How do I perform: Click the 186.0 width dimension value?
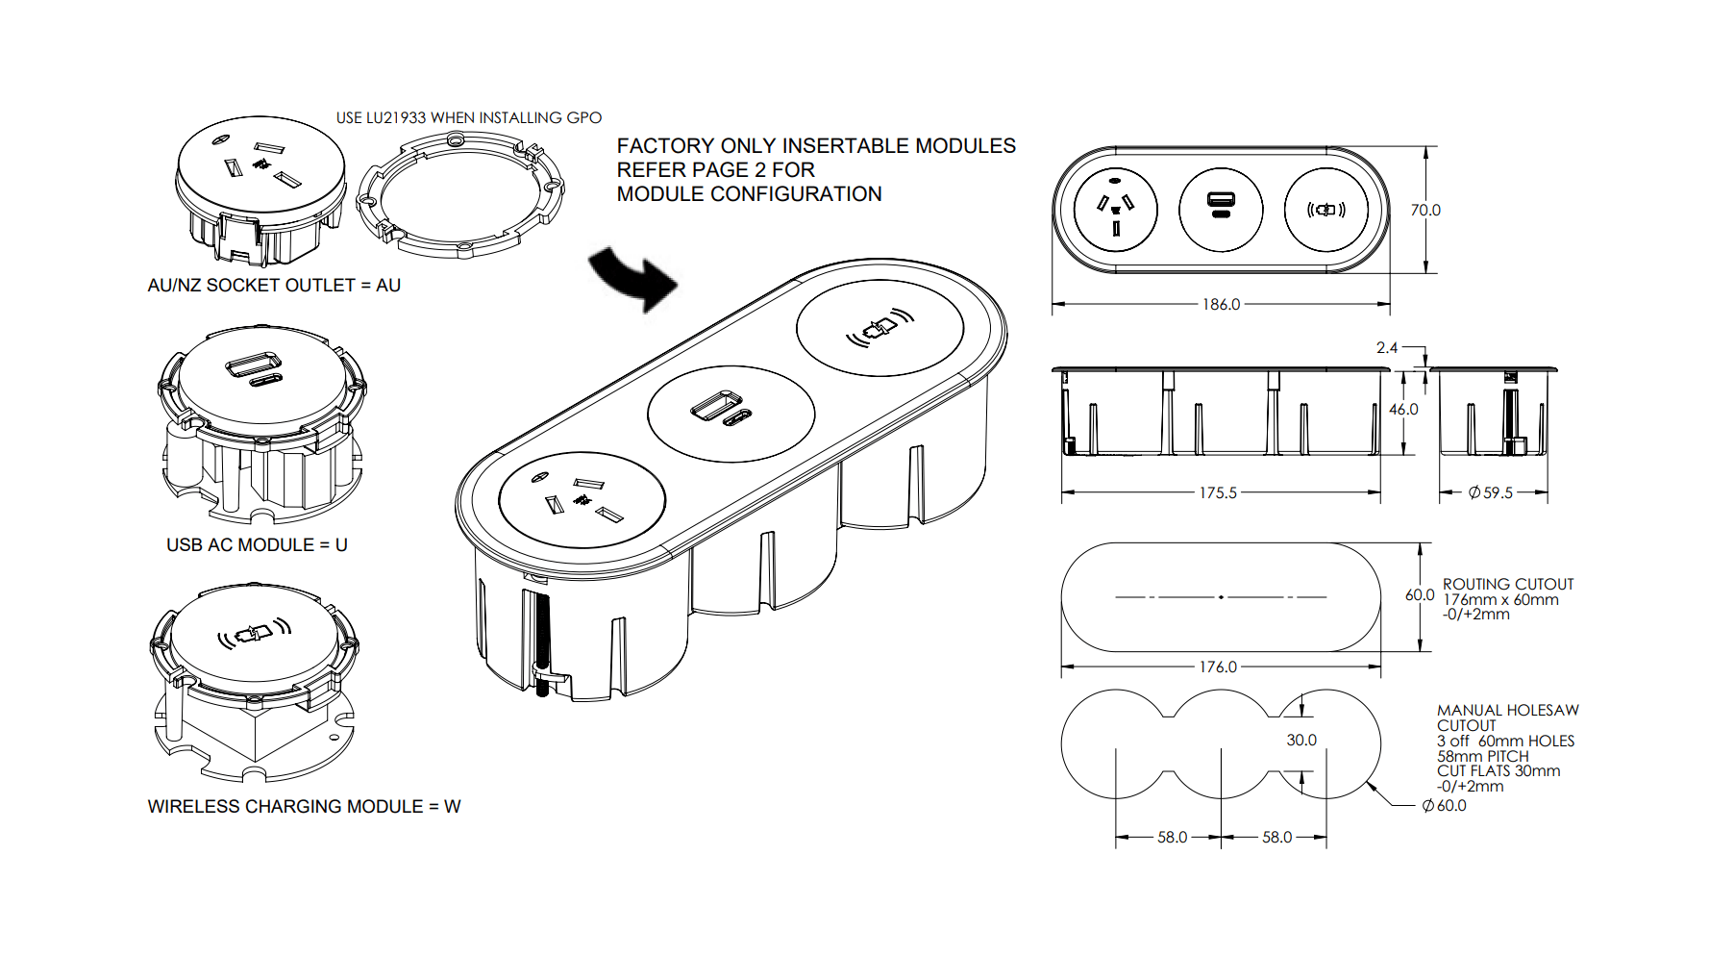tap(1221, 304)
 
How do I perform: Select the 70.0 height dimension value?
tap(1425, 210)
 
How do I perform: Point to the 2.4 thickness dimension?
tap(1386, 347)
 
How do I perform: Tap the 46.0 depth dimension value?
tap(1403, 409)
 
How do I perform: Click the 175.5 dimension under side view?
tap(1217, 492)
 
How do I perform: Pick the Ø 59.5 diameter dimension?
tap(1491, 492)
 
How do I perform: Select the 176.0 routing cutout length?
tap(1217, 667)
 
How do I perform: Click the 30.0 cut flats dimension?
tap(1301, 740)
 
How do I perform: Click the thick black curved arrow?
tap(634, 278)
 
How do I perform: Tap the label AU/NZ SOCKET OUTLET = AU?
tap(274, 285)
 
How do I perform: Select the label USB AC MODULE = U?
tap(257, 544)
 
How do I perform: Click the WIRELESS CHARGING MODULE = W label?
tap(304, 806)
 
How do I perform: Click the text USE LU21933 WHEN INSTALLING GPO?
tap(468, 117)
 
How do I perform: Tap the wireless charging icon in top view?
tap(1325, 210)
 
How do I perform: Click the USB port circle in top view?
tap(1221, 210)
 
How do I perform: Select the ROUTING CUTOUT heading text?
tap(1507, 584)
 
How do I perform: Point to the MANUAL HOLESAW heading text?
tap(1507, 710)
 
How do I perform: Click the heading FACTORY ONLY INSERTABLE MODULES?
tap(815, 145)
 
